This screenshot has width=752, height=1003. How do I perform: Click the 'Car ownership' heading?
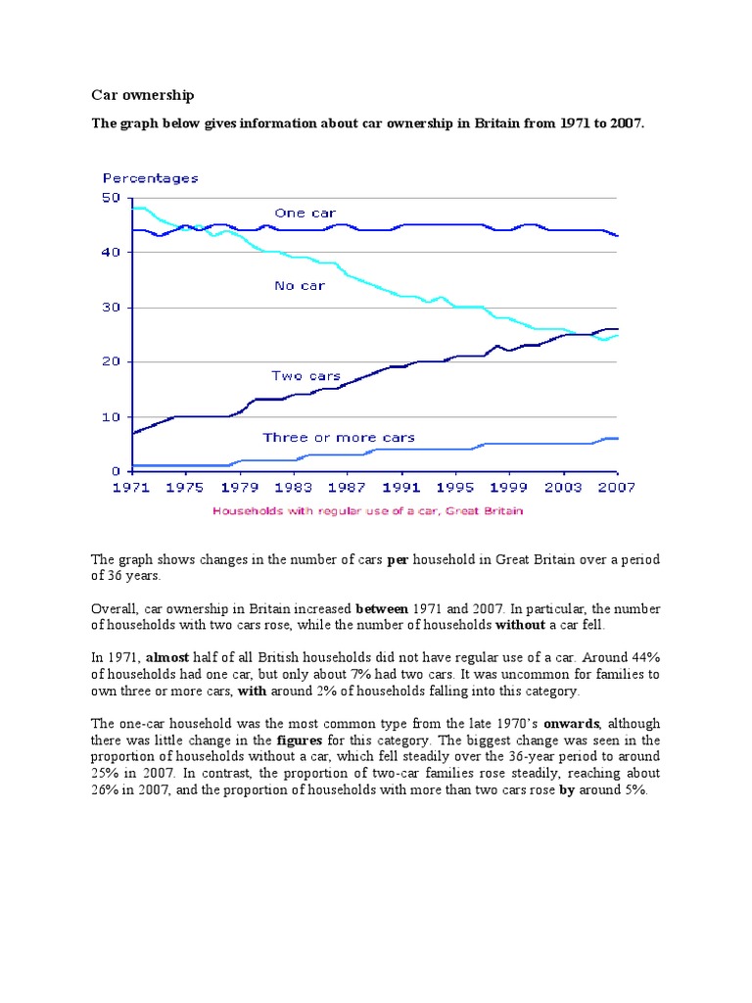click(x=143, y=95)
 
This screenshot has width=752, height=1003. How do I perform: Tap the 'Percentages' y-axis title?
click(x=151, y=178)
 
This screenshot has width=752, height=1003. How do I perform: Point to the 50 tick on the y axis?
click(x=110, y=198)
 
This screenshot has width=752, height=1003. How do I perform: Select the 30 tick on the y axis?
click(x=110, y=308)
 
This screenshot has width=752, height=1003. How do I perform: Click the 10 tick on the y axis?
click(x=110, y=417)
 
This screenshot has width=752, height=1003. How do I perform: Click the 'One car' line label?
click(x=305, y=213)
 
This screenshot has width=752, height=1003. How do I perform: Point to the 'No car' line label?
click(x=300, y=286)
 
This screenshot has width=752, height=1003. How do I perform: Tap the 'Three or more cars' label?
click(x=338, y=437)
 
